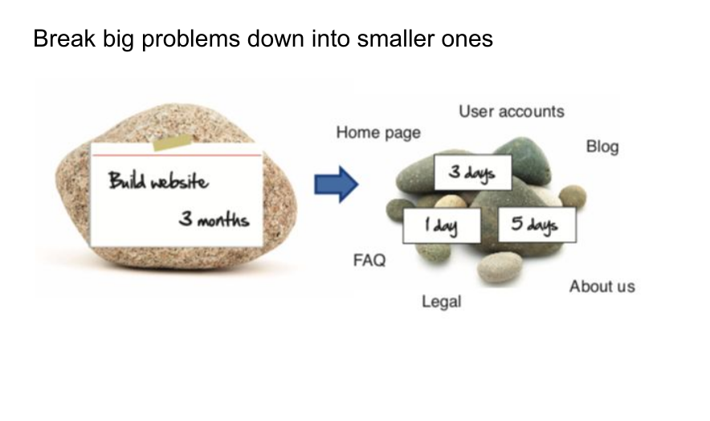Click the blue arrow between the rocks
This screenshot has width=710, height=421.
[x=335, y=184]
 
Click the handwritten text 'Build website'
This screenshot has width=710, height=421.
[x=158, y=181]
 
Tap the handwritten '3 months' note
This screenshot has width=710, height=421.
[x=214, y=219]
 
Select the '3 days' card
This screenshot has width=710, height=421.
[x=472, y=173]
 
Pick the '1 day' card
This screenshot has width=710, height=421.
[x=442, y=226]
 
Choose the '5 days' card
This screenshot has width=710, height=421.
[x=537, y=224]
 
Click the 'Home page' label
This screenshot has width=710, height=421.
[x=377, y=133]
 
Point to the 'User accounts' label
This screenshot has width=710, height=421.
[x=511, y=112]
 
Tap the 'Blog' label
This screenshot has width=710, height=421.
[x=602, y=147]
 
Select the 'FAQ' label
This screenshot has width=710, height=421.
[x=369, y=260]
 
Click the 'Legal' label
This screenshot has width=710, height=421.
[x=442, y=302]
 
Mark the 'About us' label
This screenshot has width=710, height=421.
[x=602, y=286]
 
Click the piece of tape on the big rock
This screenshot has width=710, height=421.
[x=172, y=143]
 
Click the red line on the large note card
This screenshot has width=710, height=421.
[x=177, y=154]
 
